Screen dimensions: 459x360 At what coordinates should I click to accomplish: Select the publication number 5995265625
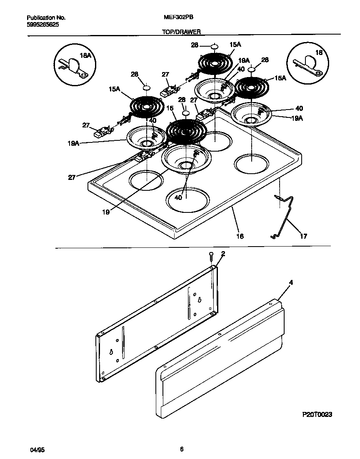[x=42, y=25]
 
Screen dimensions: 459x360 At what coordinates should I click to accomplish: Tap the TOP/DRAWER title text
[x=181, y=32]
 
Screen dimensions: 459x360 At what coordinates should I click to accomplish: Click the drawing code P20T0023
[x=317, y=415]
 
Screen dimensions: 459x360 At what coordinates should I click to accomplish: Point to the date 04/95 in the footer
[x=37, y=450]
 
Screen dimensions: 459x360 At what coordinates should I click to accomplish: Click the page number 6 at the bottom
[x=182, y=449]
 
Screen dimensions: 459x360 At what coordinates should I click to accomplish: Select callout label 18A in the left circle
[x=85, y=55]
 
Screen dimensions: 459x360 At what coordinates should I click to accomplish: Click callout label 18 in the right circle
[x=319, y=53]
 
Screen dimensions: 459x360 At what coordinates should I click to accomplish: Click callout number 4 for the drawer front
[x=291, y=283]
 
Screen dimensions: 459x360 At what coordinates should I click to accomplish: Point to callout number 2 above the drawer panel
[x=223, y=253]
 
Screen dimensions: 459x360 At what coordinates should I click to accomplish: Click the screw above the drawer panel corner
[x=212, y=255]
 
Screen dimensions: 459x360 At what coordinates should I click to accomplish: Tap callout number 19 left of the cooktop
[x=106, y=212]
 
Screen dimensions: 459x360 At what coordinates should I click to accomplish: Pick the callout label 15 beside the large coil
[x=169, y=108]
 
